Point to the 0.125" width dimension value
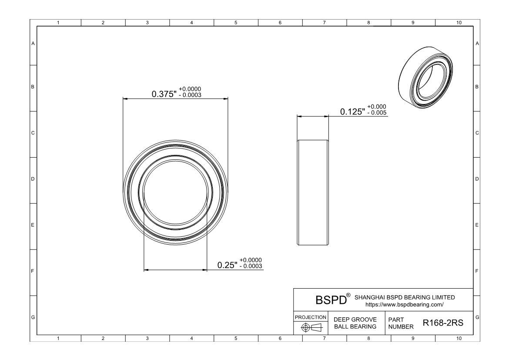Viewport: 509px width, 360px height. [x=352, y=112]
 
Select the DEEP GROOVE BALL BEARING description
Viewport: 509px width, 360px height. [x=355, y=323]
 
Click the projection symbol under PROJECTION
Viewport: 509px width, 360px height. [x=311, y=327]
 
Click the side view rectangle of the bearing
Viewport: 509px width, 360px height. [x=313, y=192]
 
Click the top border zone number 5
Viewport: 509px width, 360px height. [x=236, y=23]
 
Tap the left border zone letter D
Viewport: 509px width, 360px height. [x=33, y=179]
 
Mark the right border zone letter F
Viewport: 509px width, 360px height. [x=477, y=271]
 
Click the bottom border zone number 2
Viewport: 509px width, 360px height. [x=103, y=338]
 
